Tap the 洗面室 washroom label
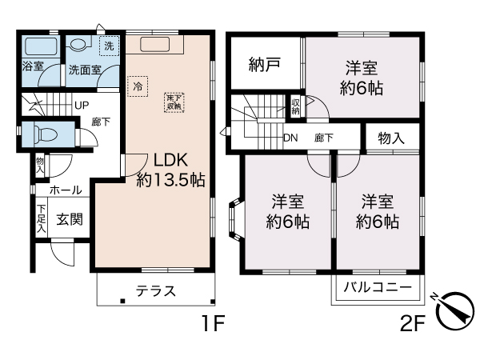coord(83,70)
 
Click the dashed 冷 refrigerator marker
coord(138,85)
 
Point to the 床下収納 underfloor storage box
coord(173,101)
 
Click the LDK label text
coord(170,158)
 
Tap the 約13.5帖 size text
coord(170,180)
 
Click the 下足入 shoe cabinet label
coord(40,219)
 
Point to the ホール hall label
coord(64,190)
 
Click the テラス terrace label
coord(155,291)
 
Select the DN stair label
coord(292,138)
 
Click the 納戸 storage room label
coord(263,64)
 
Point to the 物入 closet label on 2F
coord(391,138)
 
